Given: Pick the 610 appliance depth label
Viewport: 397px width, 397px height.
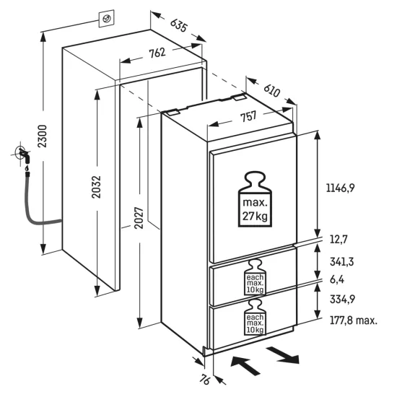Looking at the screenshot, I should (x=271, y=90).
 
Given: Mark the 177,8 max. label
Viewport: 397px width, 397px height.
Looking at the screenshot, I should (x=353, y=320).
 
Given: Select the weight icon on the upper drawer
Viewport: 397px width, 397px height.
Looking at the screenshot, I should (x=254, y=277).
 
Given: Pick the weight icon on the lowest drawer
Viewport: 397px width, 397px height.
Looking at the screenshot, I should (x=254, y=321).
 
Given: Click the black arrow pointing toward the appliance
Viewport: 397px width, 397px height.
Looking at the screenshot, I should (x=245, y=364).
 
